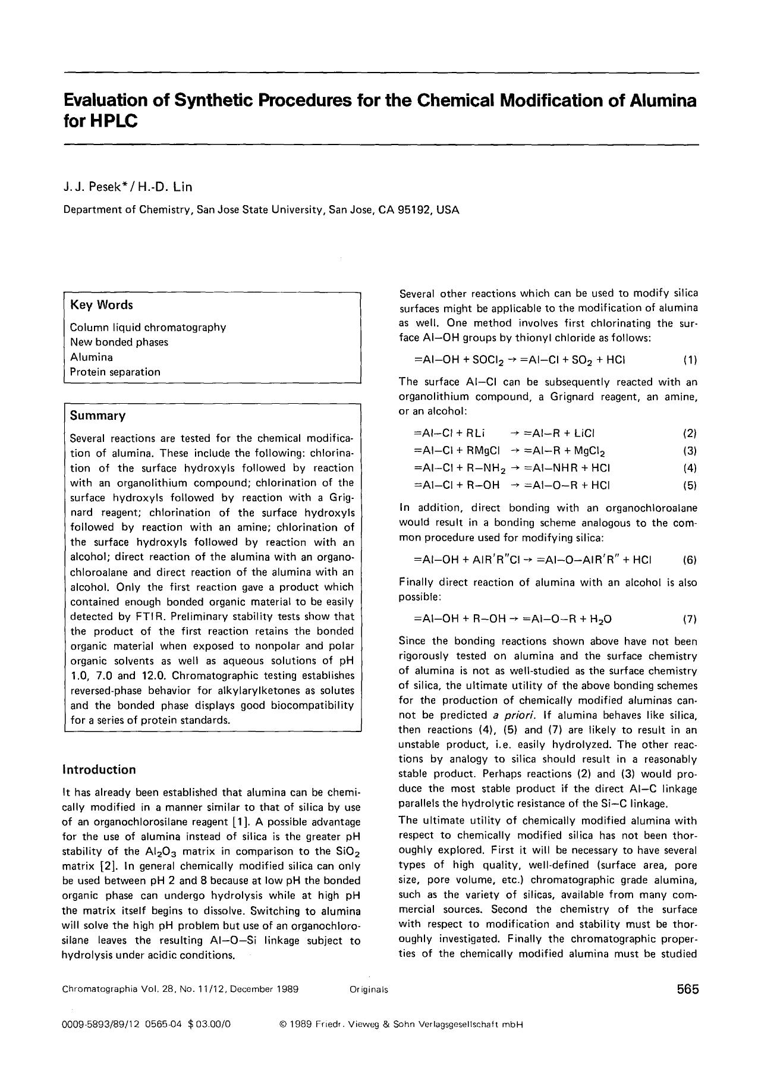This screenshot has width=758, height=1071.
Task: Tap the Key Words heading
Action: tap(101, 305)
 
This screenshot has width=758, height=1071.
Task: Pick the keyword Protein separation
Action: tap(115, 372)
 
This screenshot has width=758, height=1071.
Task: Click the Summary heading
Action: tap(97, 416)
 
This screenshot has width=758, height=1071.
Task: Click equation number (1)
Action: tap(690, 360)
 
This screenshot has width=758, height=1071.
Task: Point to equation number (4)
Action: tap(690, 467)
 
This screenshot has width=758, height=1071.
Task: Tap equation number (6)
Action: tap(690, 560)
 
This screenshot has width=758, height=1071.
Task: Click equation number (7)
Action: tap(690, 619)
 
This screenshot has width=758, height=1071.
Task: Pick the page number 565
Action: tap(687, 990)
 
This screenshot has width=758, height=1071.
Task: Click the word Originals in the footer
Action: tap(369, 990)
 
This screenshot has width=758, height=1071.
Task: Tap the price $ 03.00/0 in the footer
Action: tap(209, 1025)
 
